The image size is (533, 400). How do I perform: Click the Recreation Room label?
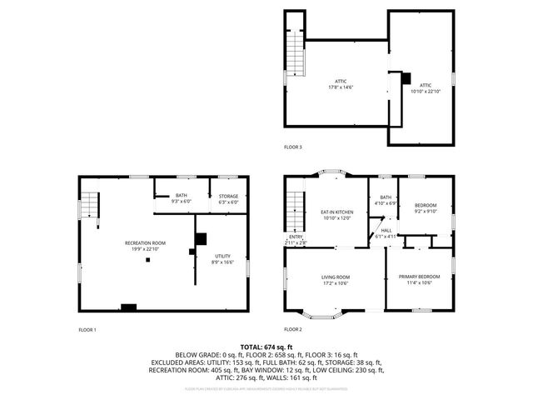(146, 246)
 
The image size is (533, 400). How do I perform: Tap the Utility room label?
(222, 259)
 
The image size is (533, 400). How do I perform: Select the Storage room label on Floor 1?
(227, 198)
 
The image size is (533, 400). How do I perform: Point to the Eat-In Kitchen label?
(336, 215)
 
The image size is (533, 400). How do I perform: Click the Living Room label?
(336, 279)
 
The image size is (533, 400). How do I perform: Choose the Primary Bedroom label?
(419, 279)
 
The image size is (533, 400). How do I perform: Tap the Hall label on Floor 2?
(386, 233)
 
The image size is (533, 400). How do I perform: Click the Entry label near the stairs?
(296, 239)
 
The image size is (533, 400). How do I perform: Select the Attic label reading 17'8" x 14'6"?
(339, 85)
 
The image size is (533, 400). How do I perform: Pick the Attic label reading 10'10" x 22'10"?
(426, 88)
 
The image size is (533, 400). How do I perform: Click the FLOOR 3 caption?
(293, 147)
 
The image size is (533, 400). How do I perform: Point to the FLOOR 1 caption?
(87, 330)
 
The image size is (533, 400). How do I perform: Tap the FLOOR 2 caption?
(293, 330)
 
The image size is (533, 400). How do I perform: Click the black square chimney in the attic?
(406, 78)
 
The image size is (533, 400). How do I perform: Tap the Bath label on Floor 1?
(181, 198)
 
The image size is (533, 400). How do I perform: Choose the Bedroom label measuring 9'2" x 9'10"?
(426, 207)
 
